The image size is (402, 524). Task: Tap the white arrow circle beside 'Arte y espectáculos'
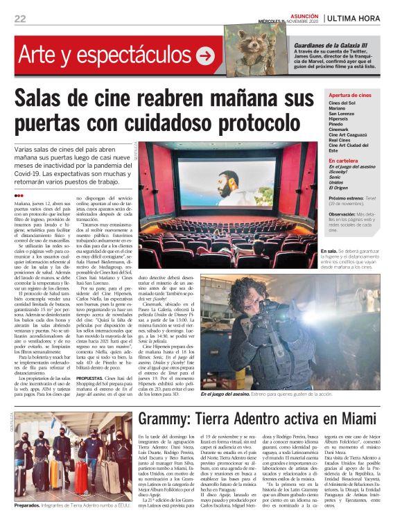point(205,55)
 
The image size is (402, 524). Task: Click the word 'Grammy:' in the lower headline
point(168,418)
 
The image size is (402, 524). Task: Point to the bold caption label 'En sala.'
point(348,251)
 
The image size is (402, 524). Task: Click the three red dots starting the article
point(19,195)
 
